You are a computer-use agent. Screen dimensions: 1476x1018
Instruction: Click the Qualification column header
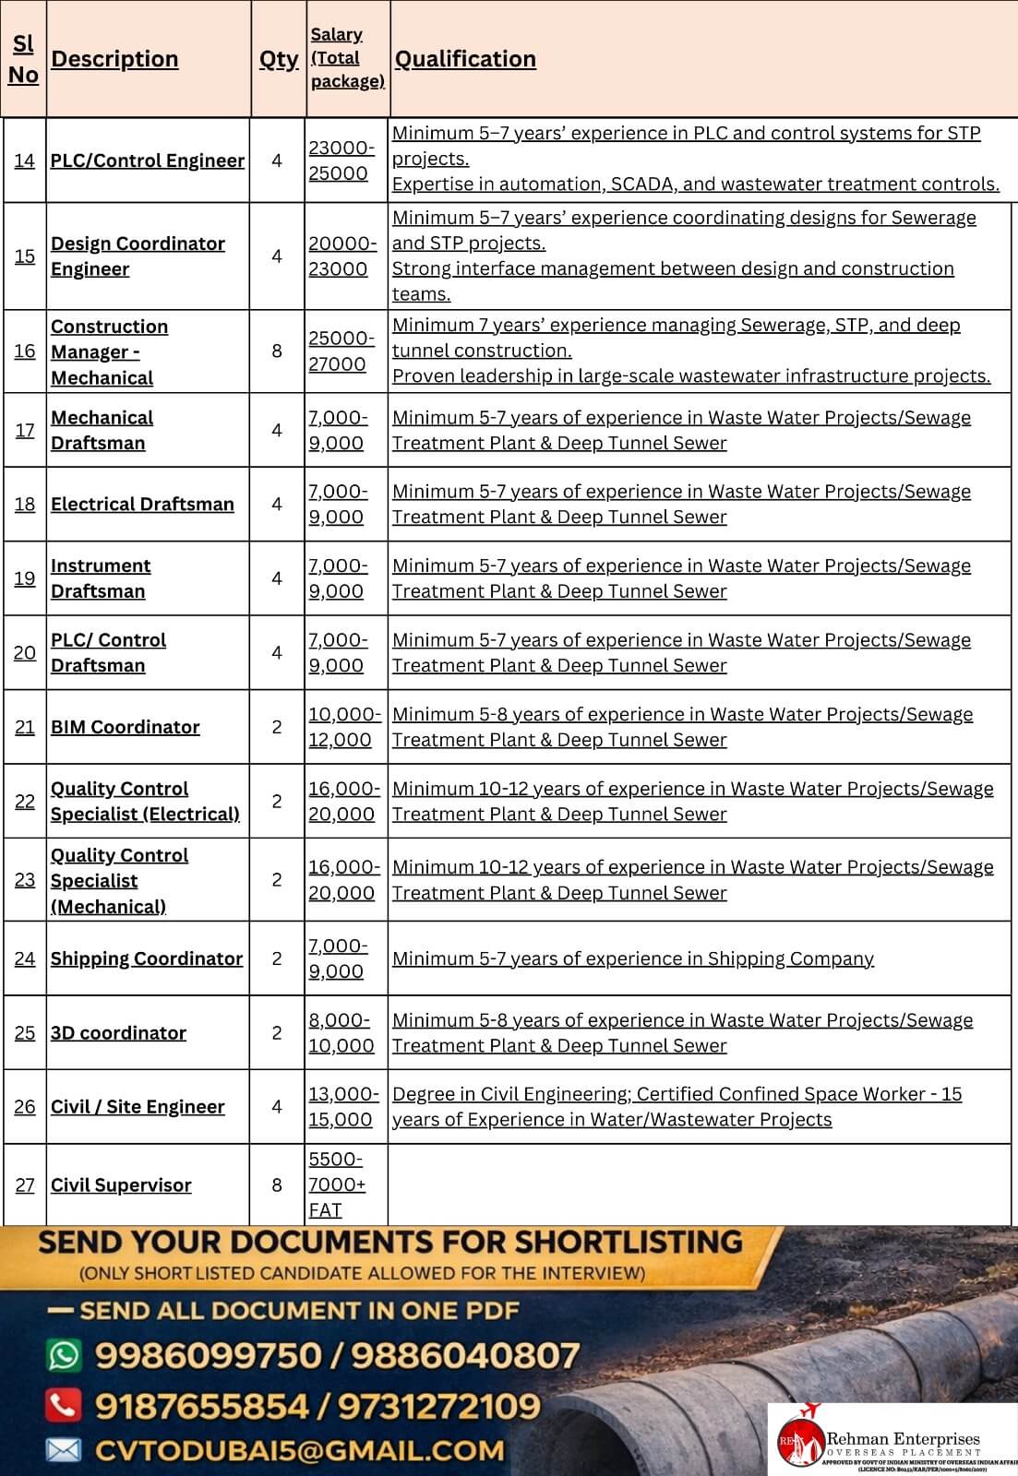pos(465,59)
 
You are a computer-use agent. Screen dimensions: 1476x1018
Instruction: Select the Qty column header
pos(278,59)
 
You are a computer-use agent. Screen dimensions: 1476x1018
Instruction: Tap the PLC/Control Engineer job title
pos(148,161)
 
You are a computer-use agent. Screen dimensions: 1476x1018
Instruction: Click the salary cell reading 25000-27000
pos(341,351)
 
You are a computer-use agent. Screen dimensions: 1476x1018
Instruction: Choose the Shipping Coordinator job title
pos(147,958)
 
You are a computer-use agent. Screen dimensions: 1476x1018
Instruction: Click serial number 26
pos(25,1106)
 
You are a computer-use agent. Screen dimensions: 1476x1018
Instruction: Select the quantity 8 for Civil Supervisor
pos(277,1184)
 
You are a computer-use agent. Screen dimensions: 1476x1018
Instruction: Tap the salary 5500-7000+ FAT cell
pos(338,1184)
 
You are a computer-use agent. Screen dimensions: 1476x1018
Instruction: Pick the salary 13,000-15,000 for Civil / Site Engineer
pos(343,1106)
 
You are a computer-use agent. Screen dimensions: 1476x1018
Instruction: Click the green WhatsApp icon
pos(64,1355)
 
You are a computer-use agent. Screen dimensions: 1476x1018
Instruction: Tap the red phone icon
pos(64,1405)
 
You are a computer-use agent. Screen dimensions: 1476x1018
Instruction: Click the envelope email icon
pos(64,1450)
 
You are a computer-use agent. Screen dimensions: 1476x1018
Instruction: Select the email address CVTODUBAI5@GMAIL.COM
pos(300,1450)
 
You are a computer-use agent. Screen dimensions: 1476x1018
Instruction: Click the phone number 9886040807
pos(465,1355)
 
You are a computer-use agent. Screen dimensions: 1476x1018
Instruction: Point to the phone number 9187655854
pos(201,1406)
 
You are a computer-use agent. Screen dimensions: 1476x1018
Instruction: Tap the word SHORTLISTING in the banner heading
pos(628,1242)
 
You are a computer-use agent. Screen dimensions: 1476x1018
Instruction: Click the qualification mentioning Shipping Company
pos(633,958)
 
